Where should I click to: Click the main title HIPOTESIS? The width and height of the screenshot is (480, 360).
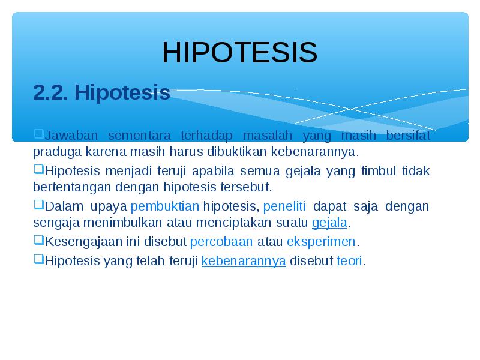coord(239,52)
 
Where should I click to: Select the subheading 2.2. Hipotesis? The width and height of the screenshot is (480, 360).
coord(101,92)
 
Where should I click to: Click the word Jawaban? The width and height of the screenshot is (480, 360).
coord(71,136)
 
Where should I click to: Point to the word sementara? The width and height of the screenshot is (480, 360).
coord(139,136)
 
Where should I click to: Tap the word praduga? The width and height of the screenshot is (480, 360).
coord(57,152)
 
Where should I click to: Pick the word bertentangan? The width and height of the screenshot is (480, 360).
coord(72,187)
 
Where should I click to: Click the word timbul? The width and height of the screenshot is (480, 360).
coord(379,170)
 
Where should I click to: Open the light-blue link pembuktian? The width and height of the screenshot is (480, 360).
coord(165,206)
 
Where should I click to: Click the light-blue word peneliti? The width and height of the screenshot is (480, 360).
coord(284,206)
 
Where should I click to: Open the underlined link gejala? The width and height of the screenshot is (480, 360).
coord(329,223)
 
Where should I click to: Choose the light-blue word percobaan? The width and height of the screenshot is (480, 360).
coord(221,242)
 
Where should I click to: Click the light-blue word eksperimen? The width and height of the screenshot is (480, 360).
coord(321,242)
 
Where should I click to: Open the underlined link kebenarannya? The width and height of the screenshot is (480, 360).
coord(244,261)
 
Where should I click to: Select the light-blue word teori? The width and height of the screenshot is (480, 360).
coord(349,261)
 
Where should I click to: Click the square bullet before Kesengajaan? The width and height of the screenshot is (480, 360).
coord(38,241)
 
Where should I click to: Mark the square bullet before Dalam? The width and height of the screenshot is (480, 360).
coord(38,205)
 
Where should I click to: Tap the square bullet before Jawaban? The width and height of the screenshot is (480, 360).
coord(38,134)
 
